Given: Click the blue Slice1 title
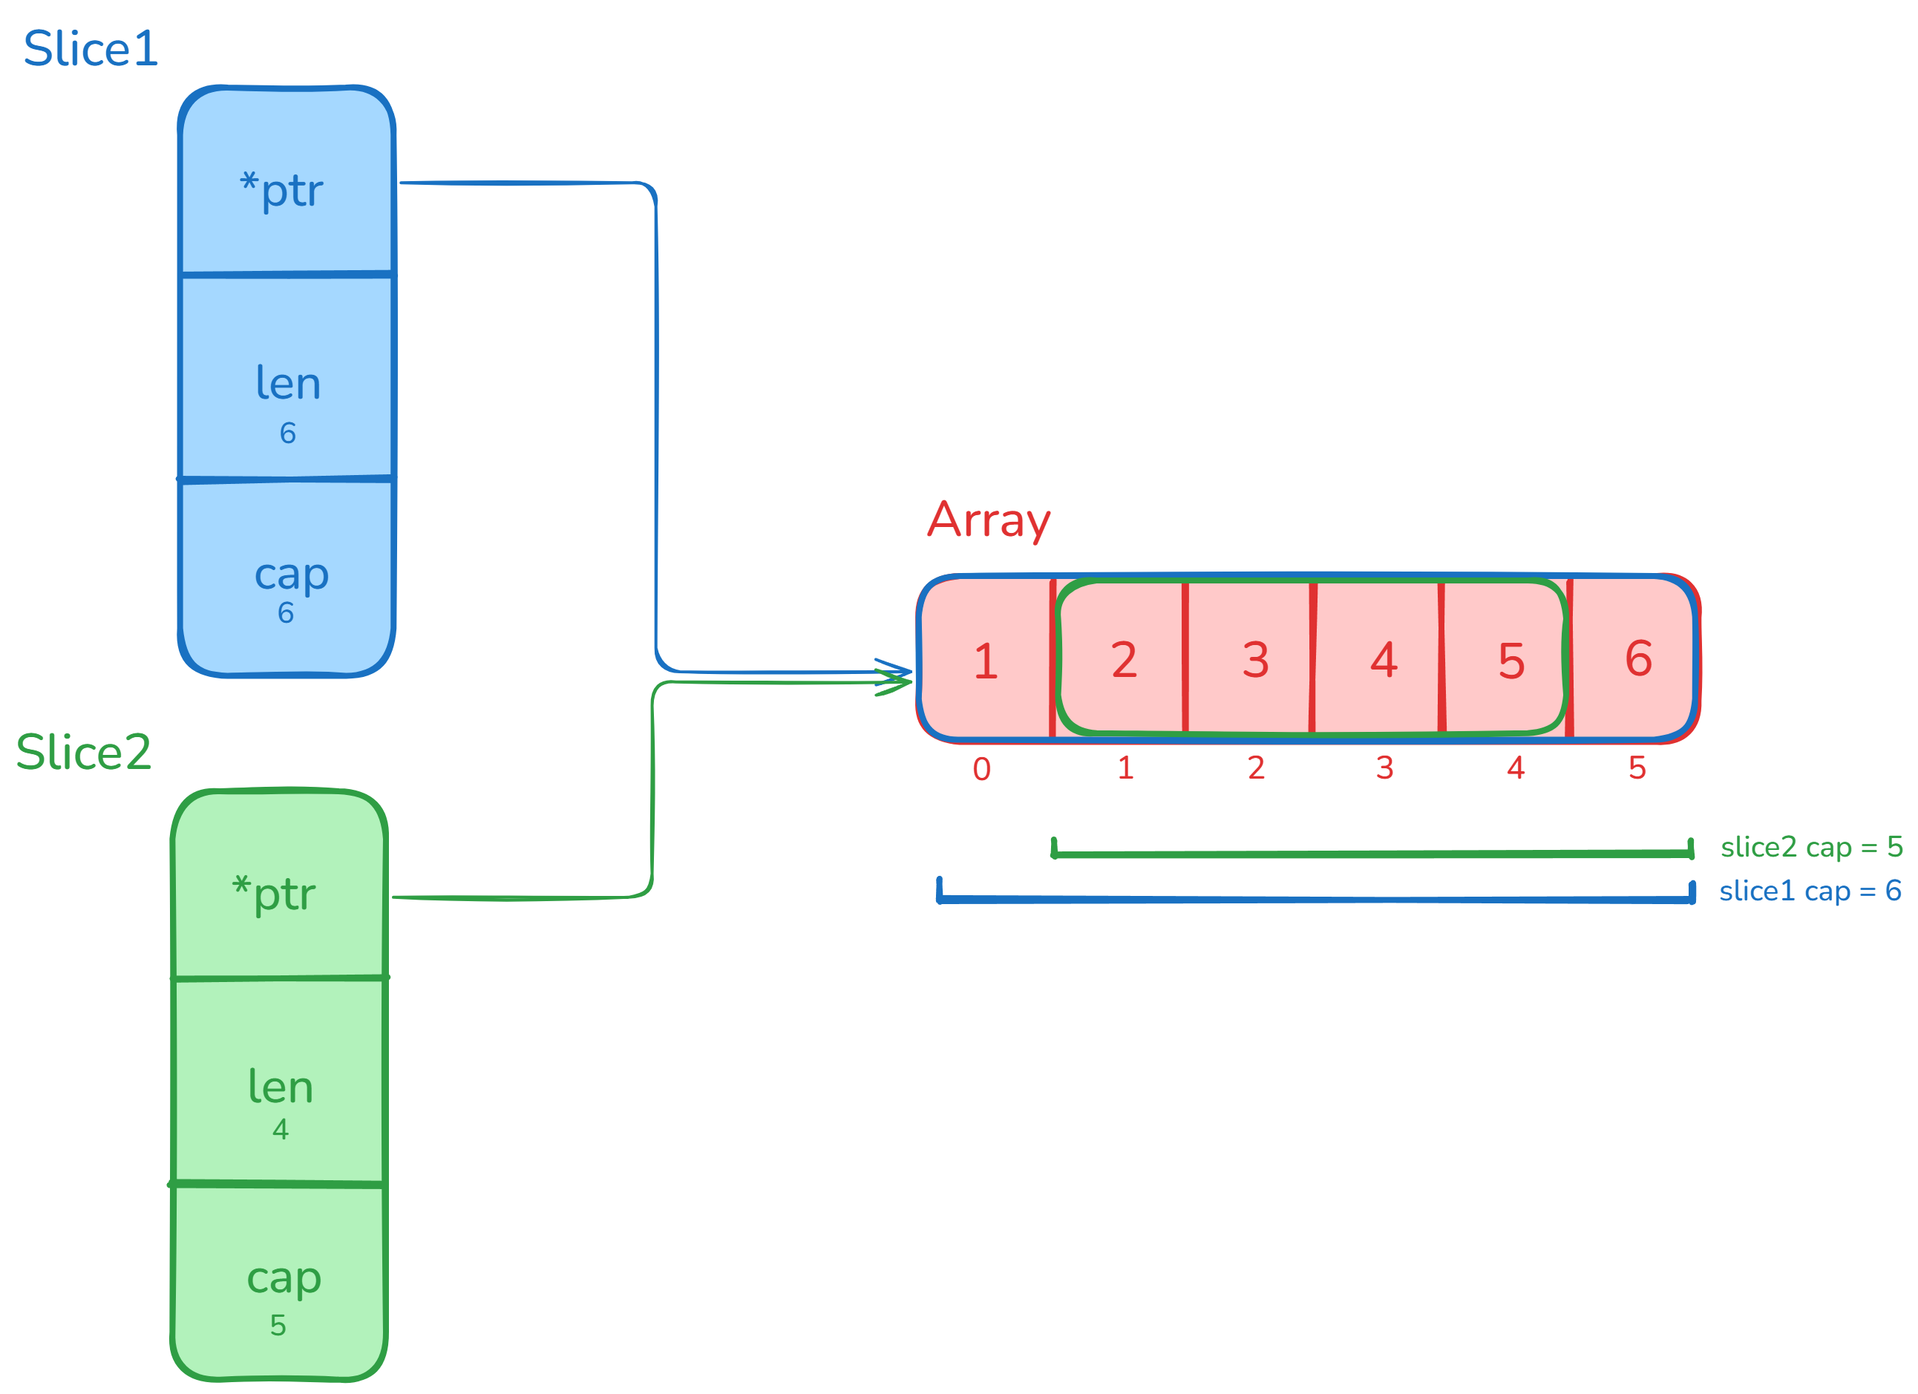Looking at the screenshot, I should [x=91, y=49].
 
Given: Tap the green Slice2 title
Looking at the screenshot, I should [x=84, y=752].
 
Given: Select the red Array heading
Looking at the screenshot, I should [x=989, y=520].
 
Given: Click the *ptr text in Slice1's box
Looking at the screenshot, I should [x=281, y=189].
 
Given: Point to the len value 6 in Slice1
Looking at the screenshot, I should [x=287, y=433].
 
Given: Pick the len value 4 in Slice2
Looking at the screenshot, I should [x=281, y=1129].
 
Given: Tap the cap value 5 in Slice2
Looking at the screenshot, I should [x=278, y=1325].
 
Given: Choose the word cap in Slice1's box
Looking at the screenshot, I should [x=292, y=575].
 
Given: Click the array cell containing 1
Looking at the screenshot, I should [x=985, y=661].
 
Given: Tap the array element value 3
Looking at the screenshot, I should [x=1256, y=660].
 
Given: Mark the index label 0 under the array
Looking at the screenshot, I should [x=982, y=769].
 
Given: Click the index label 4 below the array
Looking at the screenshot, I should [x=1516, y=768].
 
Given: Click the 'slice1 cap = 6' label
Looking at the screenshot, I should [x=1810, y=891].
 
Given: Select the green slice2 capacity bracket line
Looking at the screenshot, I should [x=1370, y=854].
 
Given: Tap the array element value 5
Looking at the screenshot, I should [x=1511, y=661].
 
